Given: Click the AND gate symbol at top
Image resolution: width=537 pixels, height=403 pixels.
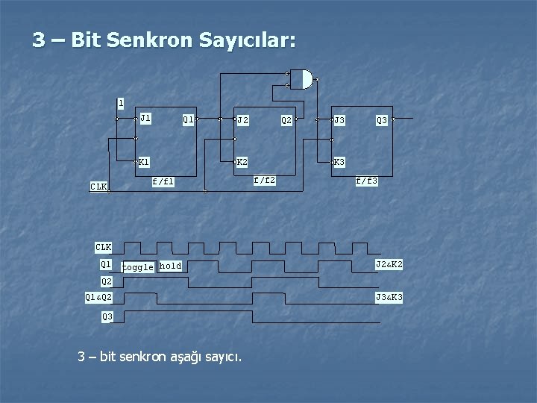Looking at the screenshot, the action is click(301, 79).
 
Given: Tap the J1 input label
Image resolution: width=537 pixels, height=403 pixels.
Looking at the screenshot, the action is click(145, 118).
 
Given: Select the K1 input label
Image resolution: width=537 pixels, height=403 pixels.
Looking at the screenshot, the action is click(145, 161).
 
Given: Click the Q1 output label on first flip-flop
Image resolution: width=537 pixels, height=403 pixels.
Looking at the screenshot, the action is click(189, 119).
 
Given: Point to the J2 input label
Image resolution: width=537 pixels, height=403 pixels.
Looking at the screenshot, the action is click(242, 119).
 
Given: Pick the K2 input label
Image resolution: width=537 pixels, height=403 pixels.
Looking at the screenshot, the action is click(242, 162).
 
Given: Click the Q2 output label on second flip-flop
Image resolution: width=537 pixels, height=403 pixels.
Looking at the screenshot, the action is click(286, 119).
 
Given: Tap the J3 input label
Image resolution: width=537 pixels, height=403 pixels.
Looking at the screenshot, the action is click(339, 119).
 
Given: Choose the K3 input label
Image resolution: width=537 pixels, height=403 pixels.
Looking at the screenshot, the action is click(339, 162).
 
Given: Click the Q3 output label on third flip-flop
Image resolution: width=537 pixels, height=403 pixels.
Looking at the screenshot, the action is click(382, 119).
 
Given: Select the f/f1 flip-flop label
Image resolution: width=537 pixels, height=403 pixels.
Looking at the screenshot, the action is click(163, 181).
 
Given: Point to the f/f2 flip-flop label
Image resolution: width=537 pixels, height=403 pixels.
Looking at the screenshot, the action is click(265, 180).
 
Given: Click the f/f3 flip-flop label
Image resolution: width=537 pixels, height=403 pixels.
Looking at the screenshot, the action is click(367, 181).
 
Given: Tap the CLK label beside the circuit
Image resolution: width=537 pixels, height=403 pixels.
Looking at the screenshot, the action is click(98, 187).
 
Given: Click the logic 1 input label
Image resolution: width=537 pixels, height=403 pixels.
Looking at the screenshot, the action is click(121, 102).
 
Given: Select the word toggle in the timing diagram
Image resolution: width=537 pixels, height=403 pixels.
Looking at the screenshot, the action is click(138, 266).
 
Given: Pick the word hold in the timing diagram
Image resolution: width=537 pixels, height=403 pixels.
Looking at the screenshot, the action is click(170, 266).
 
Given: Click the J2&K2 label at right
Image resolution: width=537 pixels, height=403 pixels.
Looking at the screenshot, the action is click(389, 264).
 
